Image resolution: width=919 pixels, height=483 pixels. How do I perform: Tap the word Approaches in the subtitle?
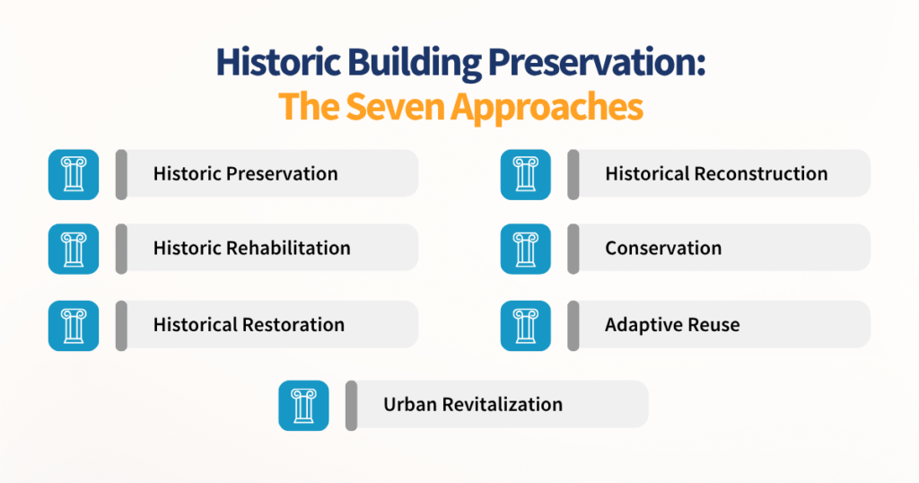(547, 107)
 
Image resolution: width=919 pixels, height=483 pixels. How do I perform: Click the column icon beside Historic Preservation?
(73, 174)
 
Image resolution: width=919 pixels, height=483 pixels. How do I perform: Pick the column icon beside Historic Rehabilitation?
(73, 249)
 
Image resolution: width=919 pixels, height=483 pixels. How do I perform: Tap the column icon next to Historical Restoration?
(73, 325)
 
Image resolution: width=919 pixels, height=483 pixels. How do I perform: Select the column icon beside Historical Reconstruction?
(525, 174)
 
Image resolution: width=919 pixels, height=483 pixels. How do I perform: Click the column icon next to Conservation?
(525, 249)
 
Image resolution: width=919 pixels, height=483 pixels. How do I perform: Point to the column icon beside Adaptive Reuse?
(525, 325)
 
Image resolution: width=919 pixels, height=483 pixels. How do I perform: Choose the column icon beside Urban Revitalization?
(303, 405)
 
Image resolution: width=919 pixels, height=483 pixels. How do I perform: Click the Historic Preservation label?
(245, 174)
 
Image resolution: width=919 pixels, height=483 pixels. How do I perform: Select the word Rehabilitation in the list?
(288, 249)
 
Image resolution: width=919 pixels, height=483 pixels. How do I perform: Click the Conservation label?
(663, 249)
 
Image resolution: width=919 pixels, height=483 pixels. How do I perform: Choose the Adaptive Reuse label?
(672, 325)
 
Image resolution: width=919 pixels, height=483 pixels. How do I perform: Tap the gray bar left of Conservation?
(573, 249)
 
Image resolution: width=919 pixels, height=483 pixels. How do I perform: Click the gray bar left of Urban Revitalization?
(352, 405)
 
